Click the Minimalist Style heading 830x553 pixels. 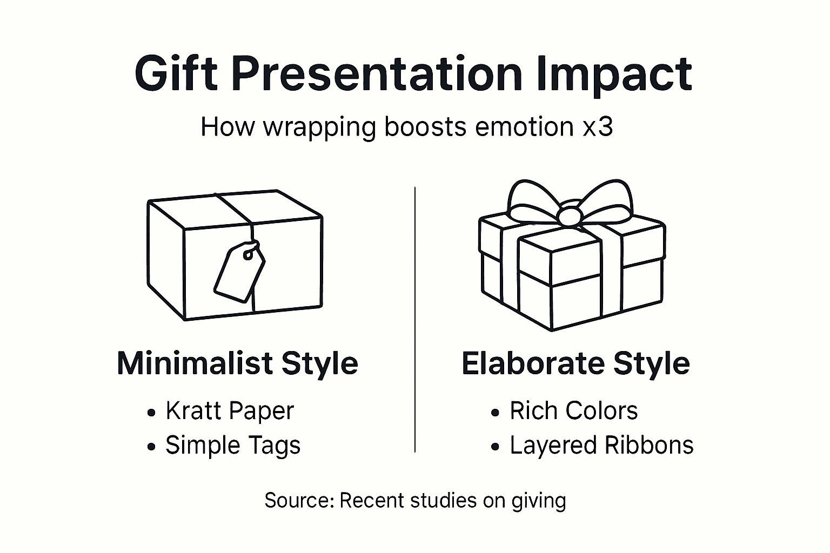237,363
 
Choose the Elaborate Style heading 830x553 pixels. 575,363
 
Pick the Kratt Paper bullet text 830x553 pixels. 230,411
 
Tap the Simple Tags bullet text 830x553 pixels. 232,446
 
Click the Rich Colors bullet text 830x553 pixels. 573,411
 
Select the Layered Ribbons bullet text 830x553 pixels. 601,446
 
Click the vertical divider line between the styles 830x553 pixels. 414,319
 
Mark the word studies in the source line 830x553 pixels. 444,501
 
